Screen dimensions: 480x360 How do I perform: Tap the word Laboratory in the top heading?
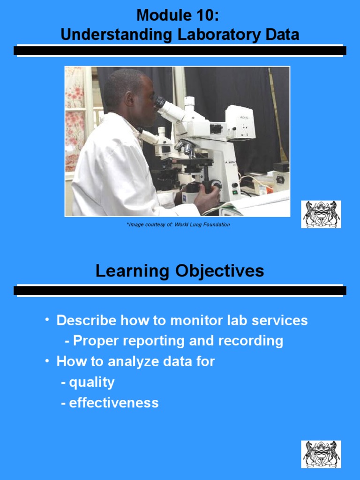[220, 35]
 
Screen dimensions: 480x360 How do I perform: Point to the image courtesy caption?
[178, 225]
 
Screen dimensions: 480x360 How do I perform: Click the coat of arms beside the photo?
[321, 215]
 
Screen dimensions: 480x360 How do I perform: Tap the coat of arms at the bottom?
[321, 454]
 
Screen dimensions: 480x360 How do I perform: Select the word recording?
[252, 341]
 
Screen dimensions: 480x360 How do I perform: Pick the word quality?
[91, 382]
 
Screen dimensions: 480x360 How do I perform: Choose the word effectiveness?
[113, 403]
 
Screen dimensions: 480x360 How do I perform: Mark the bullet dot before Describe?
[47, 320]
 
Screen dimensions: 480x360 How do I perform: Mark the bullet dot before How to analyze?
[47, 361]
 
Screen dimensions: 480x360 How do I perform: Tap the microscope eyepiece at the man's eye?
[160, 101]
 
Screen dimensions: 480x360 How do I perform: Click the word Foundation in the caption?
[217, 225]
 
